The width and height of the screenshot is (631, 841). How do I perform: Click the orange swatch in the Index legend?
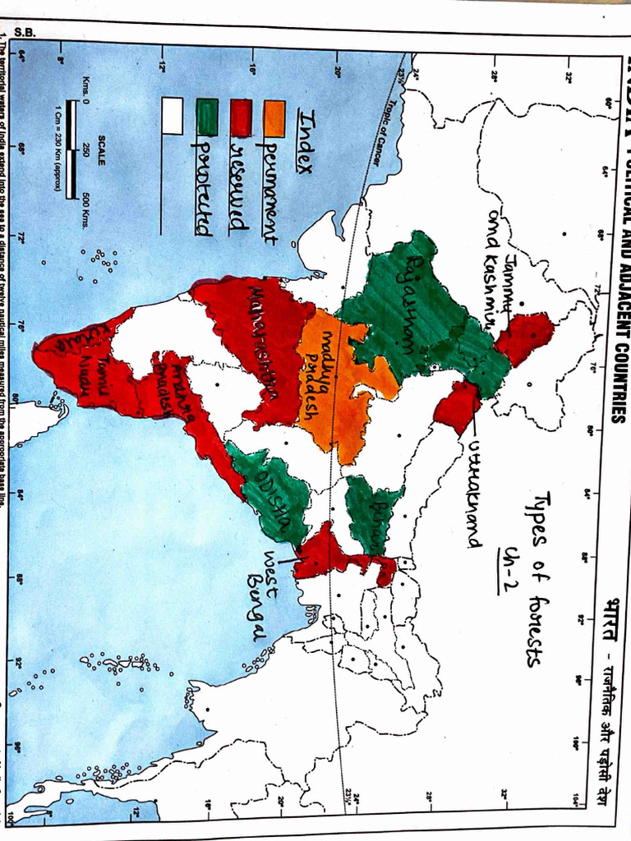274,118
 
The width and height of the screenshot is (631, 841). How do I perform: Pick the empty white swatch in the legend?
173,114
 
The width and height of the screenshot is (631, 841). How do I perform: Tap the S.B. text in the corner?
25,34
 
